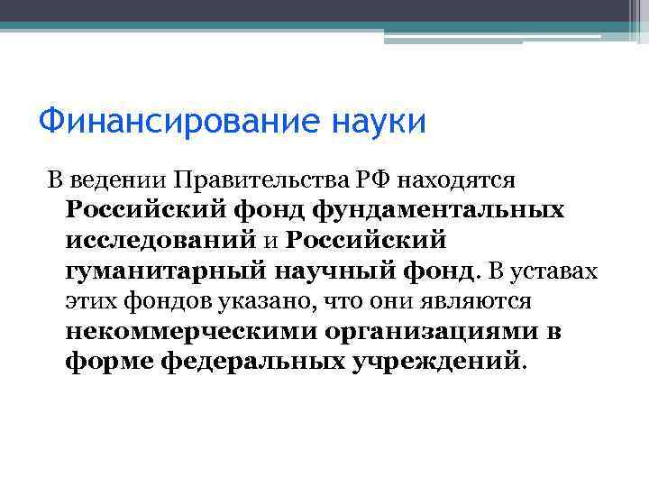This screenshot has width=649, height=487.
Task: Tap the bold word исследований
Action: [160, 241]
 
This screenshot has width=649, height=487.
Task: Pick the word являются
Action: [477, 302]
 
